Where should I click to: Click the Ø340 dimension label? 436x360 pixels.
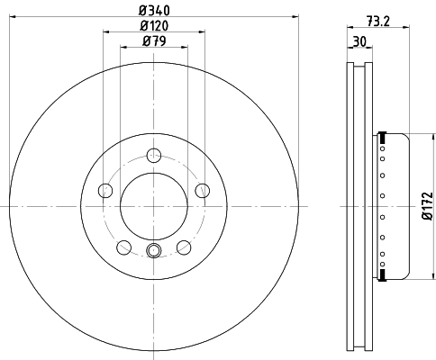pyautogui.click(x=152, y=10)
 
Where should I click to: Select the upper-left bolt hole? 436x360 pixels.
pyautogui.click(x=104, y=190)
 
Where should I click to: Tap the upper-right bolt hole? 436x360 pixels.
pyautogui.click(x=200, y=190)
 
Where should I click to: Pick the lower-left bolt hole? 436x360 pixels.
pyautogui.click(x=122, y=247)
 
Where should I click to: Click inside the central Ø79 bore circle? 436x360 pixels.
pyautogui.click(x=151, y=206)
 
